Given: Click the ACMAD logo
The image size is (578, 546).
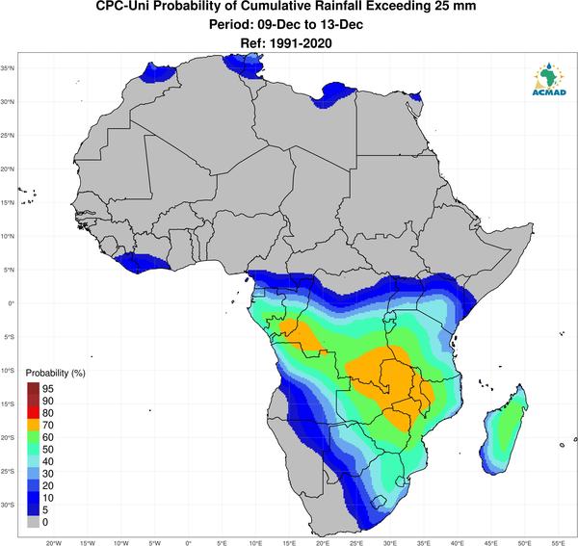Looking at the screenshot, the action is (x=549, y=79).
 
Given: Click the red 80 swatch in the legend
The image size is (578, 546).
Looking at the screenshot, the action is (x=33, y=413).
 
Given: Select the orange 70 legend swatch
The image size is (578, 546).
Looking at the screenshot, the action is (x=33, y=425).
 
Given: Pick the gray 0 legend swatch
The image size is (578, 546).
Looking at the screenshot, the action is (x=33, y=522).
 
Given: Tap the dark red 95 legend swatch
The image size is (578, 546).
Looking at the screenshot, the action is (x=33, y=388).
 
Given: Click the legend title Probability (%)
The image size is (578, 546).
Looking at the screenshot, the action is (x=55, y=373).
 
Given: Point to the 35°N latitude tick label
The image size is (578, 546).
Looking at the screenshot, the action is (x=8, y=68).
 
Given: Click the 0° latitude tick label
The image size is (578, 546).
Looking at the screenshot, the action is (x=12, y=303).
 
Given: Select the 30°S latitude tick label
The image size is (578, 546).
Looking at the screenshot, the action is (x=8, y=505).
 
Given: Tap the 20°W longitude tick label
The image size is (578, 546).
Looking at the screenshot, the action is (x=54, y=543).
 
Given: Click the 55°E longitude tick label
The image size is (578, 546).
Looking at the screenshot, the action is (x=559, y=543).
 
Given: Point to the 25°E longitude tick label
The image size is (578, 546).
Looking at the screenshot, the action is (x=356, y=543).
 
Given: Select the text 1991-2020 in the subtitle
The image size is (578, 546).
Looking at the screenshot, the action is (x=301, y=43).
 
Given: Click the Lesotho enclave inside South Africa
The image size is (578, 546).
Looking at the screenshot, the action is (x=379, y=502).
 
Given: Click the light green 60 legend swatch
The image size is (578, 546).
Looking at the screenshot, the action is (x=33, y=437).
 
